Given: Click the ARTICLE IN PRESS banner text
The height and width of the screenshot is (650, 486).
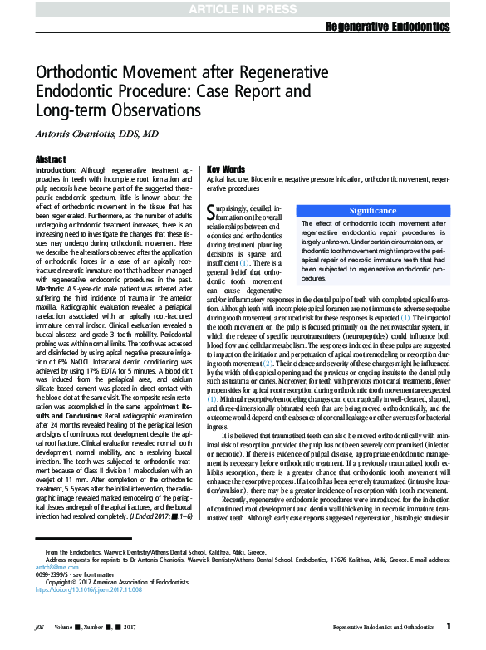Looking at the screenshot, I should (243, 9).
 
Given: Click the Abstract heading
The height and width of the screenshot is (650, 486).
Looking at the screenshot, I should (51, 158).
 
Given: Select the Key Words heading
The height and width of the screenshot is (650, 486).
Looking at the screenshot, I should (226, 169).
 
